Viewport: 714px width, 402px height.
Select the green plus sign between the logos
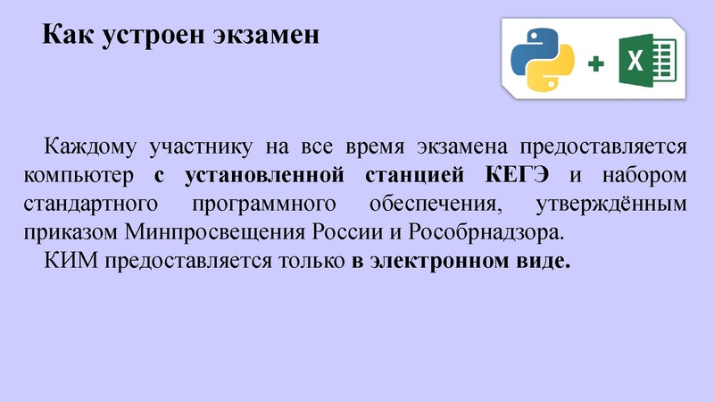[595, 63]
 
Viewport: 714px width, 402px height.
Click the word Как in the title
[66, 36]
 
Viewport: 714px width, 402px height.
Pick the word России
[340, 233]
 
